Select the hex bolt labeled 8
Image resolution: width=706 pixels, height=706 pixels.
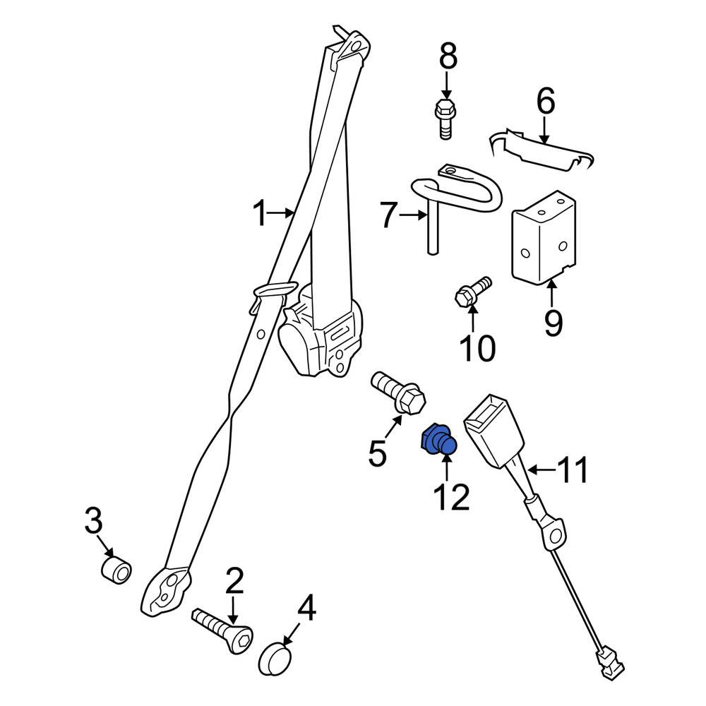445,119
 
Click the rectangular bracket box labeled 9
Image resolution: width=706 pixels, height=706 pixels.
544,238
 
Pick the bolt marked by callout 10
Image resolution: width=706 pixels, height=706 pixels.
472,292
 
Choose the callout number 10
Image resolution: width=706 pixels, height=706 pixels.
477,348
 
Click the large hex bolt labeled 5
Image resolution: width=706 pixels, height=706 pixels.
397,392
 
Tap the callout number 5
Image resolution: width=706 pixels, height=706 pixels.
377,453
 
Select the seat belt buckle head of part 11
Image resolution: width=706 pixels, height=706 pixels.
493,431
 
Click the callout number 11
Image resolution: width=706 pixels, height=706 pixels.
572,469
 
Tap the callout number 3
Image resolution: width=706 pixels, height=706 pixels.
94,520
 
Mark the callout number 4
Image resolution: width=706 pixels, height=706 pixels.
306,607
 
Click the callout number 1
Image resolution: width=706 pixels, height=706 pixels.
260,213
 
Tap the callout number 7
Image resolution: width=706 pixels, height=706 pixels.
388,215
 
